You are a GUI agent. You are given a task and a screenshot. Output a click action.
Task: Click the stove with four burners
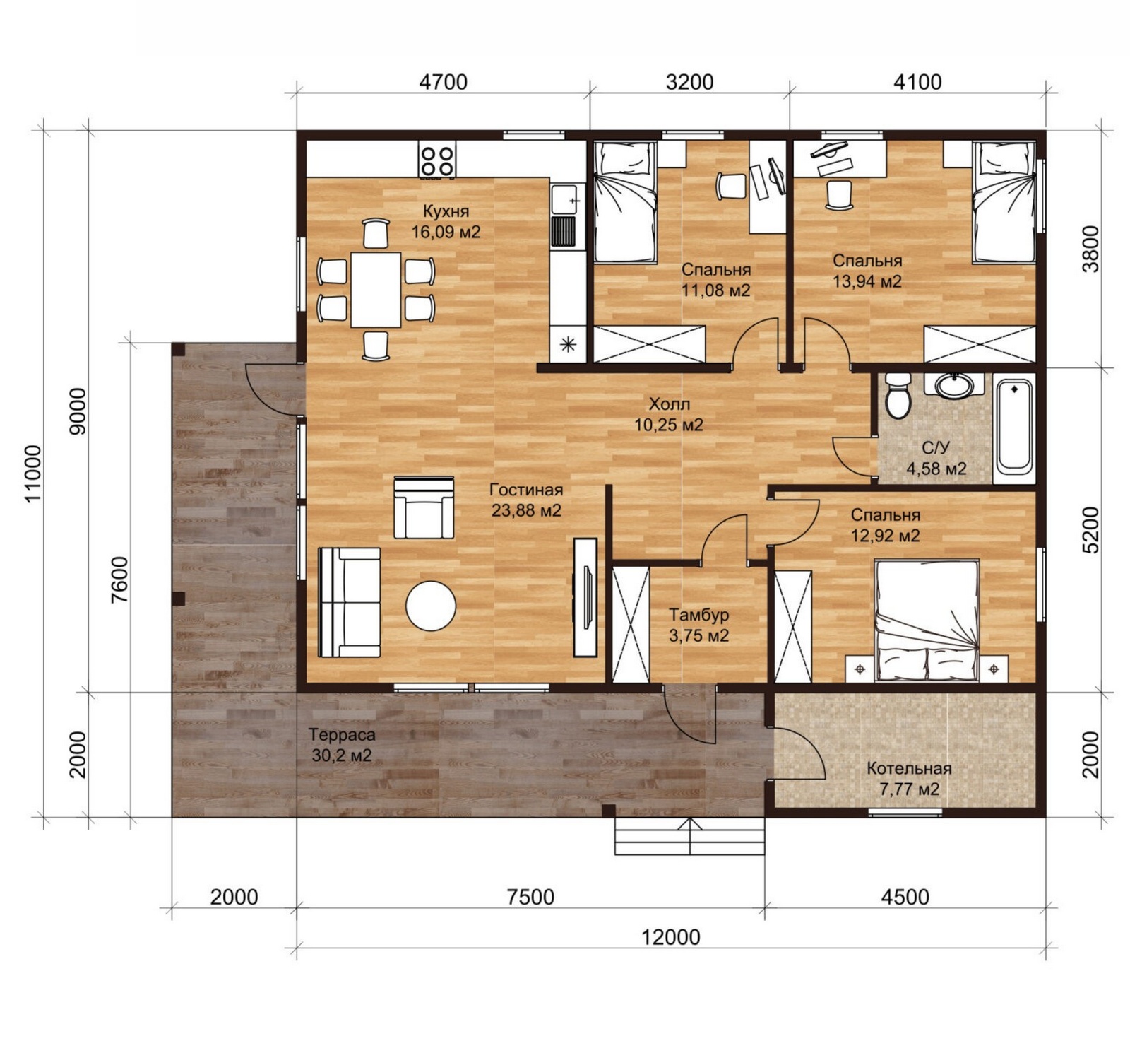tap(436, 159)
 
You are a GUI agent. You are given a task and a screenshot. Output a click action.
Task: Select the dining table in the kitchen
tap(376, 289)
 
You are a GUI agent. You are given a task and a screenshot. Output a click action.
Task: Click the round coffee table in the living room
tap(431, 606)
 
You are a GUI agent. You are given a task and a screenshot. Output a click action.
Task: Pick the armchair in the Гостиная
tap(424, 507)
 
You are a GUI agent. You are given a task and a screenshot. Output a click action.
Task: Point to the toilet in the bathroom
tap(898, 395)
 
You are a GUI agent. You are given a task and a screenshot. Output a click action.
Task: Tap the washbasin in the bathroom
tap(955, 385)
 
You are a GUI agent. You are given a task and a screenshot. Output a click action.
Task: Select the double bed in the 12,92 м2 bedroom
tap(927, 620)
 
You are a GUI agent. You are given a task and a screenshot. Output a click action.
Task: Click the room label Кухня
tap(446, 211)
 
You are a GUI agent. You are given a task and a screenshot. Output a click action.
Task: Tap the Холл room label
tap(670, 404)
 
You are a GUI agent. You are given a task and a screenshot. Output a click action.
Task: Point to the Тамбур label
tap(699, 615)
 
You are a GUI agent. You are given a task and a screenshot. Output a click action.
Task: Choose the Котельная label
tap(909, 768)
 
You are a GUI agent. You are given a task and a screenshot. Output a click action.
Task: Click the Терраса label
tap(342, 734)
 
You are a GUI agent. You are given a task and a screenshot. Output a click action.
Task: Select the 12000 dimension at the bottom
tap(671, 937)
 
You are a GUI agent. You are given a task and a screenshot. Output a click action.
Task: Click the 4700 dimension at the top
tap(443, 82)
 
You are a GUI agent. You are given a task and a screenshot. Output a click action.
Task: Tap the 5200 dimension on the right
tap(1090, 529)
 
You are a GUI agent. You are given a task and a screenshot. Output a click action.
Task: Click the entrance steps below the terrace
tap(690, 836)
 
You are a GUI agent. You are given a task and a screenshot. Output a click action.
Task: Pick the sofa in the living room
tap(349, 602)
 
